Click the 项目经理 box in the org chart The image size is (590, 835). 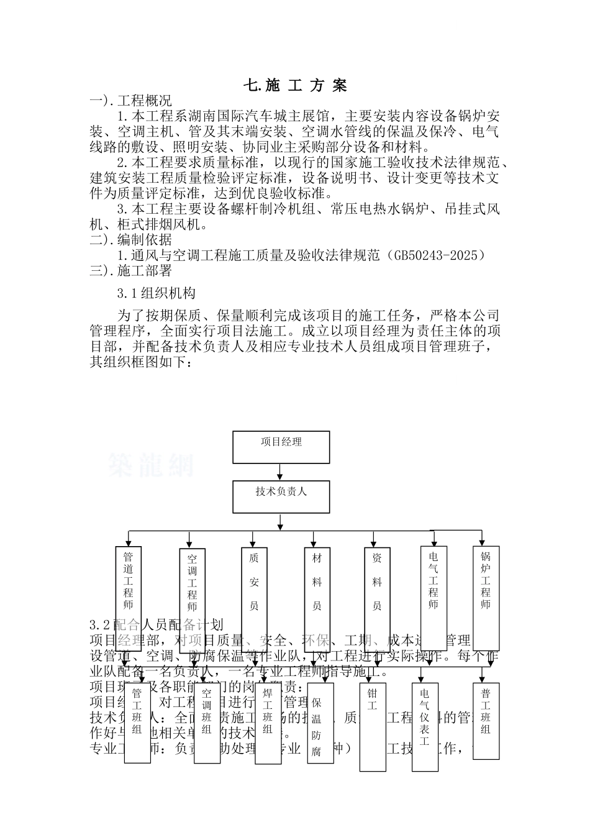(x=281, y=447)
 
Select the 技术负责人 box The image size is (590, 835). (x=281, y=496)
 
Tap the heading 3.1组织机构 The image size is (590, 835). (x=157, y=293)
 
